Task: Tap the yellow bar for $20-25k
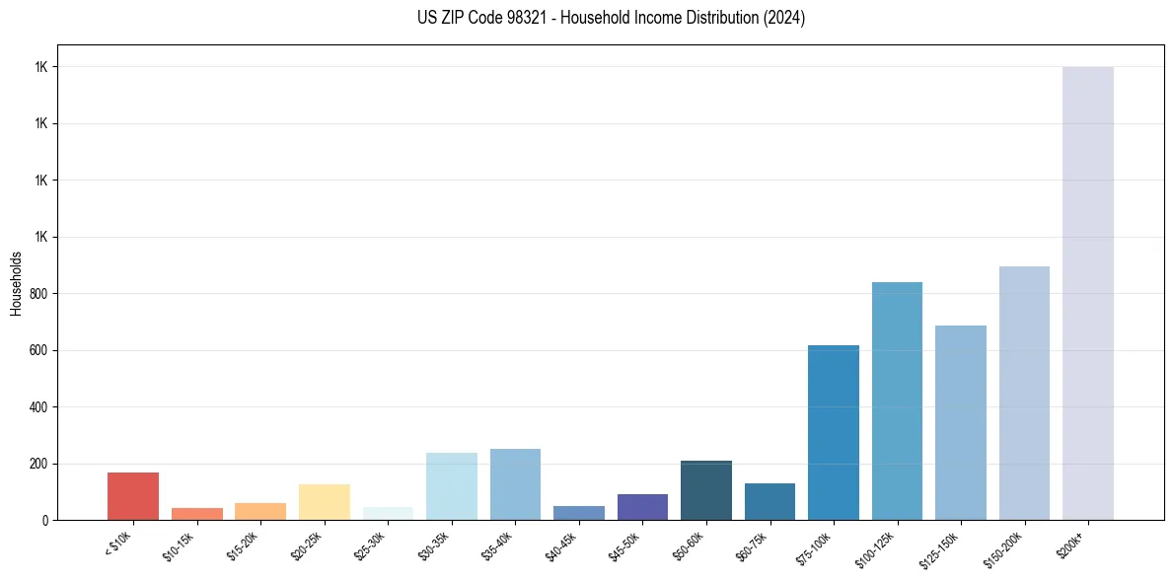tap(324, 502)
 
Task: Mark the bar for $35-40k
tap(515, 484)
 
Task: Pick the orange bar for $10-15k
tap(196, 514)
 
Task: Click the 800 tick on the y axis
tap(39, 294)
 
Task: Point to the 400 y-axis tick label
tap(39, 407)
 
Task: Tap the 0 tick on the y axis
tap(45, 521)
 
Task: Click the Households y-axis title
tap(17, 283)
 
